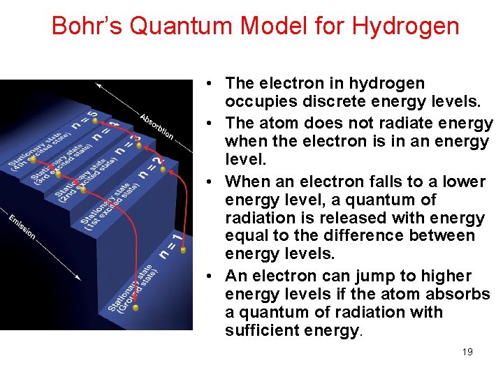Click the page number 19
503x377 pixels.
click(x=467, y=352)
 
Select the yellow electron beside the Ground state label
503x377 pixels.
click(x=136, y=307)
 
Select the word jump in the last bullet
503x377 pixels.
click(x=352, y=276)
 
